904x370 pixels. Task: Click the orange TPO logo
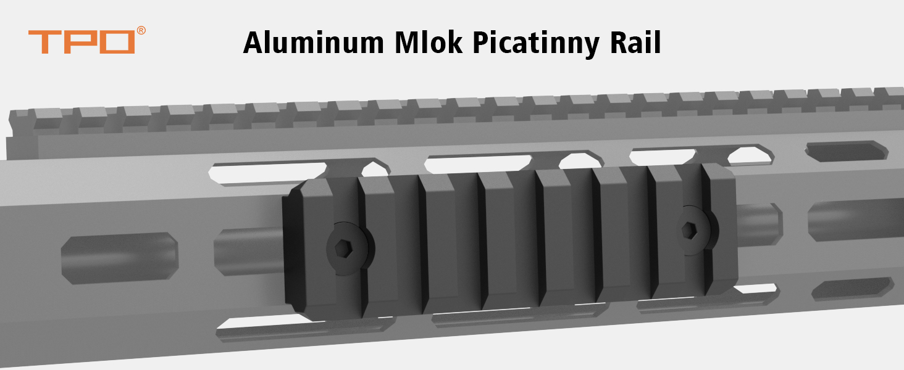click(x=82, y=41)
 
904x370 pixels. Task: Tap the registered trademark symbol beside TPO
click(x=141, y=31)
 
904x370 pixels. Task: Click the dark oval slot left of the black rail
click(x=119, y=258)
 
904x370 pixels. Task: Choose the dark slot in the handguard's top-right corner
click(x=847, y=150)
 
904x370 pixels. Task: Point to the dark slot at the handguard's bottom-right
click(x=852, y=289)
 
